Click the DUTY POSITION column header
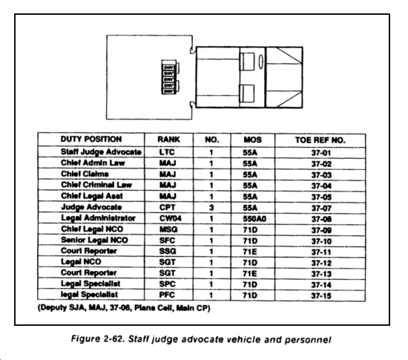pos(91,139)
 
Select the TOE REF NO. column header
pos(320,140)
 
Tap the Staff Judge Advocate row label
pos(101,151)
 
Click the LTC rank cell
pos(167,152)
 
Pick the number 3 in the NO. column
pos(211,207)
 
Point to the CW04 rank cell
pos(170,218)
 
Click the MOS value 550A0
pos(254,219)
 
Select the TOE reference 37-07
pos(321,209)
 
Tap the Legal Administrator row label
pos(98,218)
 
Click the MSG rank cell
pos(168,229)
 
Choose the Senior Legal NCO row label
pos(94,240)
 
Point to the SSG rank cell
pos(168,251)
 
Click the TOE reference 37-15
pos(321,295)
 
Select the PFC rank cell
pos(167,295)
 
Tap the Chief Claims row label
pos(85,174)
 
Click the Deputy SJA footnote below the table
pos(124,308)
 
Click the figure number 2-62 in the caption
pos(113,339)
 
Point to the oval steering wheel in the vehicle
pos(260,62)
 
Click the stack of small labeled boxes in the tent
pos(168,77)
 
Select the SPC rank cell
pos(167,284)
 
